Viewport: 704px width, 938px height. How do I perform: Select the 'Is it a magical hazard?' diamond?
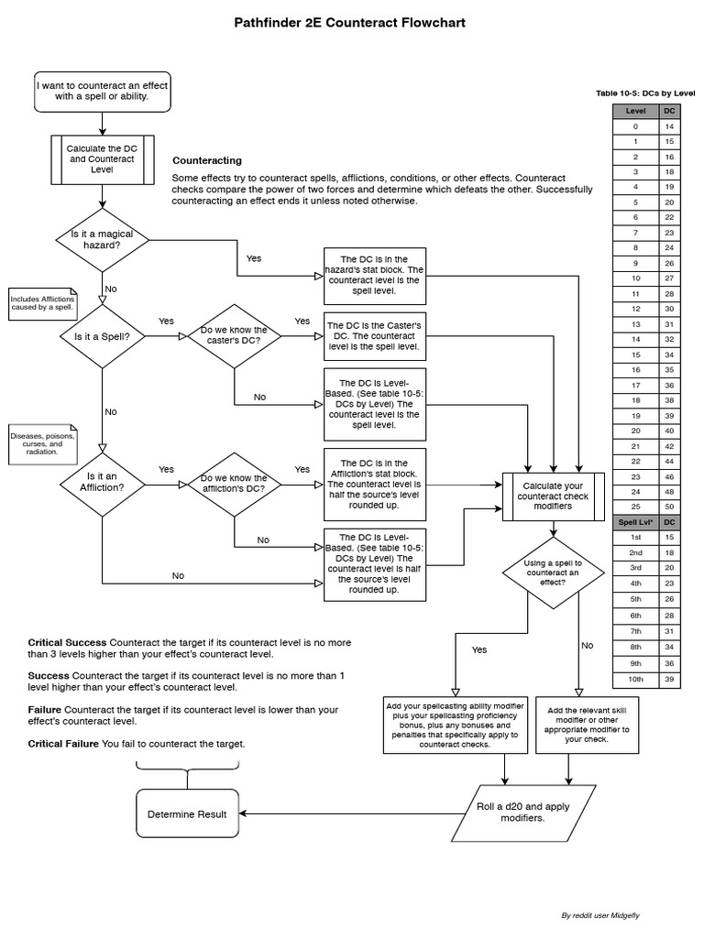[x=102, y=240]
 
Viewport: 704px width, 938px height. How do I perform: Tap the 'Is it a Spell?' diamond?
[x=102, y=336]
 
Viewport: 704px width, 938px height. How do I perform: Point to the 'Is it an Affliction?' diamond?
[x=102, y=482]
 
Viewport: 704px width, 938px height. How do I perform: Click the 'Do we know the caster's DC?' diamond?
[x=234, y=336]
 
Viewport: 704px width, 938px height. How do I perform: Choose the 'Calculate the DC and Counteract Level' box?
[x=102, y=159]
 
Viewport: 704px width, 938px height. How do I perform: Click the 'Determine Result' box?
[x=187, y=813]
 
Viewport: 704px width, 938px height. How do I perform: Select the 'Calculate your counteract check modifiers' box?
[x=553, y=496]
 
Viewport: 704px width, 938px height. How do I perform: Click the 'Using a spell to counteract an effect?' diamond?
[x=553, y=573]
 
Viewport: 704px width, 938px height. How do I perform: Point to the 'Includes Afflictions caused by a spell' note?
[x=42, y=303]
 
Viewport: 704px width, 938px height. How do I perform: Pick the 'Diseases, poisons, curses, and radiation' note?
[x=42, y=443]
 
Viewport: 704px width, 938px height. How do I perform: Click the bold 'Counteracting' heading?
[x=207, y=160]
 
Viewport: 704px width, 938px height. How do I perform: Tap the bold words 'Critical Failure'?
[x=62, y=744]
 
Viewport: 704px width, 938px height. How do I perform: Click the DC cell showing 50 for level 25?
[x=669, y=507]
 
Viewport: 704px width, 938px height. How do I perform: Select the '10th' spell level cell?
[x=635, y=679]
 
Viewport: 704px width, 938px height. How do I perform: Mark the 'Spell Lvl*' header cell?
[x=635, y=521]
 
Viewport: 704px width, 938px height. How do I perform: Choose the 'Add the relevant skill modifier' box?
[x=588, y=723]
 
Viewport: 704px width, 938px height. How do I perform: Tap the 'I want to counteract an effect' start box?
[x=102, y=91]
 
